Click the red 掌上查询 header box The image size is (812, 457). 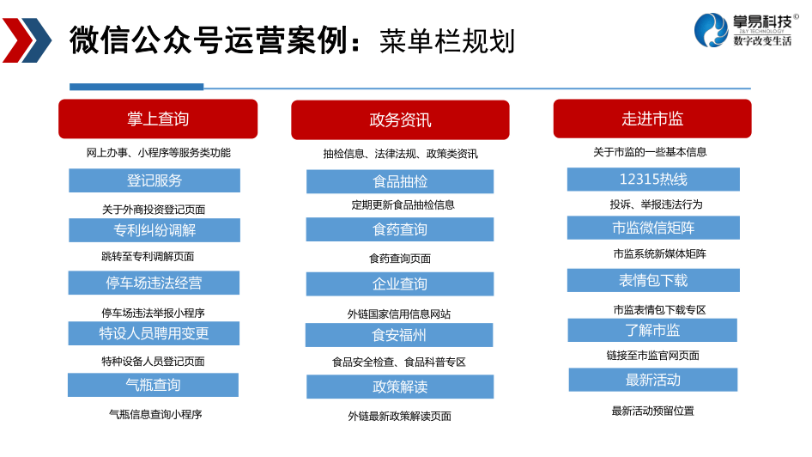coord(158,119)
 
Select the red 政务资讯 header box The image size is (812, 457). coord(400,119)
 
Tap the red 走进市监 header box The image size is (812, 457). coord(652,119)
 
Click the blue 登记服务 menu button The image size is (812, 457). coord(155,180)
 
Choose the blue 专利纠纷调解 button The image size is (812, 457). coord(155,230)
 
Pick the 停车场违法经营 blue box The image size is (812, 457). coord(154,283)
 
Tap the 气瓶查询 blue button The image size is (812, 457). coord(154,385)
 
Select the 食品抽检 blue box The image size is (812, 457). coord(400,181)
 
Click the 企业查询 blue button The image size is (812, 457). coord(400,284)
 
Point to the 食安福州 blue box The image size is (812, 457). coord(399,335)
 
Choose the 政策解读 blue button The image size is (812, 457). coord(400,387)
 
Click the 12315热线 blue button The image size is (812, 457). coord(653,180)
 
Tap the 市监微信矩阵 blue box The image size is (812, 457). coord(653,228)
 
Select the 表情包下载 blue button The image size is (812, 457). coord(653,280)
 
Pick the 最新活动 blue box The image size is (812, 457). coord(653,380)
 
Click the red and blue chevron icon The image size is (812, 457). coord(27,40)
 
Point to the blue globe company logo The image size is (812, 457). coord(712,30)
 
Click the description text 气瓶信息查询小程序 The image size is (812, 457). coord(155,414)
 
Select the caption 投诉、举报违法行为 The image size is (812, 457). coord(656,204)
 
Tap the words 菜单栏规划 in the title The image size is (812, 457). coord(447,41)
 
